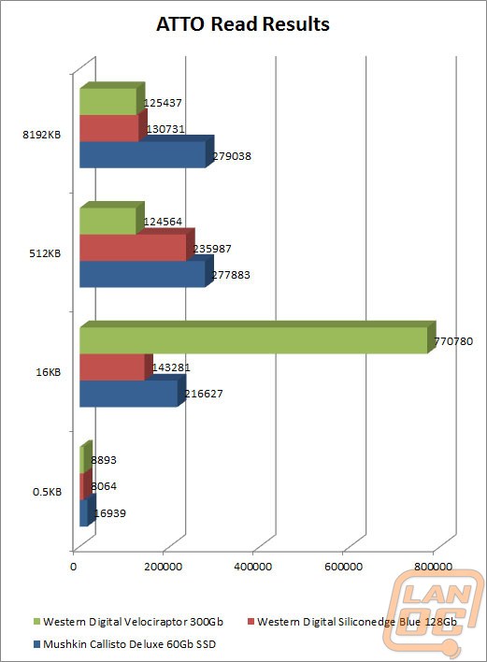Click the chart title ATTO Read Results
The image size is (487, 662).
pos(243,24)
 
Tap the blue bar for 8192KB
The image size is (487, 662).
pos(147,151)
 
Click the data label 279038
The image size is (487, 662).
pos(232,156)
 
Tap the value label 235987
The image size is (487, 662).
pos(212,249)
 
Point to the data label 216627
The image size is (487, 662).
pos(204,394)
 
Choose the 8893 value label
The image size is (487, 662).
pos(104,460)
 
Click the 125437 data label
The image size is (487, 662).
pos(163,103)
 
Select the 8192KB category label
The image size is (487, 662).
pos(42,135)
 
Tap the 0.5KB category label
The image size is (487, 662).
pos(48,492)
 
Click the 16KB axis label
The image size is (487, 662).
pos(49,372)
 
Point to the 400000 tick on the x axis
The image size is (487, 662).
pos(252,567)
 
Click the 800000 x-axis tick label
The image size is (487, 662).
pos(433,567)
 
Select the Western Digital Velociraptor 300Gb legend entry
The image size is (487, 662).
pos(128,622)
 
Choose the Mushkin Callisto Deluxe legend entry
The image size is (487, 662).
pos(124,644)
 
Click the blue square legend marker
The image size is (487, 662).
pos(36,644)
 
